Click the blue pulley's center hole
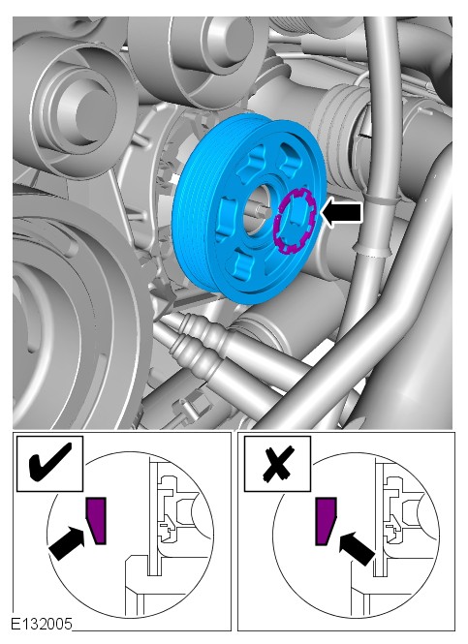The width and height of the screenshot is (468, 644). coord(258,209)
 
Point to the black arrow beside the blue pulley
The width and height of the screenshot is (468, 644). coord(342,212)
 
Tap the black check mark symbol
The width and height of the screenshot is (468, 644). coord(50,461)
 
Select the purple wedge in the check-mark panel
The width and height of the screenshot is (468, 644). coord(96,520)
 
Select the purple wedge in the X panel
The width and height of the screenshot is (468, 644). coord(327,521)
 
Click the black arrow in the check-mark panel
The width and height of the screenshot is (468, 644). coord(67,542)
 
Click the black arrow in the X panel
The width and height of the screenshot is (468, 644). coord(357,547)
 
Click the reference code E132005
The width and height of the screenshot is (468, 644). coord(41,624)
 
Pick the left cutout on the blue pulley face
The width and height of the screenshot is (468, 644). coord(225,216)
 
